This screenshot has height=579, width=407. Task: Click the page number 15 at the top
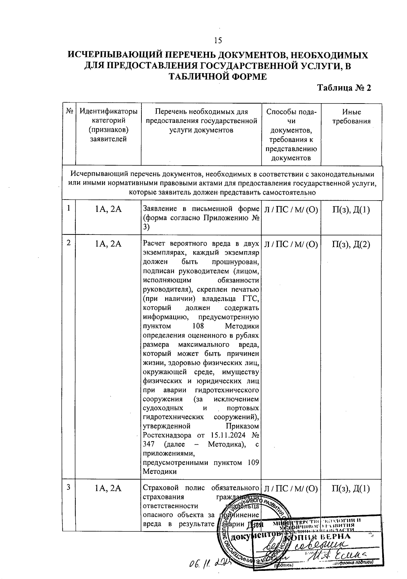pyautogui.click(x=218, y=41)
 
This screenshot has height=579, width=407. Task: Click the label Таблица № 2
pyautogui.click(x=344, y=88)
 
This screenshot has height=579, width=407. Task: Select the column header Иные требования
pyautogui.click(x=351, y=116)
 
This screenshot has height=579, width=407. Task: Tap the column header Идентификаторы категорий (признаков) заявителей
pyautogui.click(x=108, y=125)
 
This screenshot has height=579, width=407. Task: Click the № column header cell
pyautogui.click(x=69, y=111)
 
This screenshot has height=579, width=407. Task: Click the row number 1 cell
pyautogui.click(x=69, y=208)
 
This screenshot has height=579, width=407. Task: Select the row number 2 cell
pyautogui.click(x=69, y=243)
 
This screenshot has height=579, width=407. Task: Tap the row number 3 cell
pyautogui.click(x=69, y=487)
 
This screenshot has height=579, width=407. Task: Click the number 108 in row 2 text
pyautogui.click(x=198, y=326)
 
